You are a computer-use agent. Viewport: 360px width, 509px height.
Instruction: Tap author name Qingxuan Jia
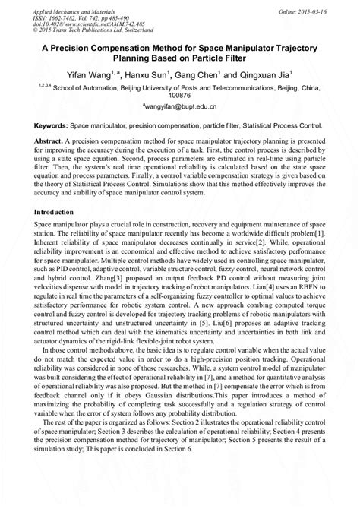click(272, 74)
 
